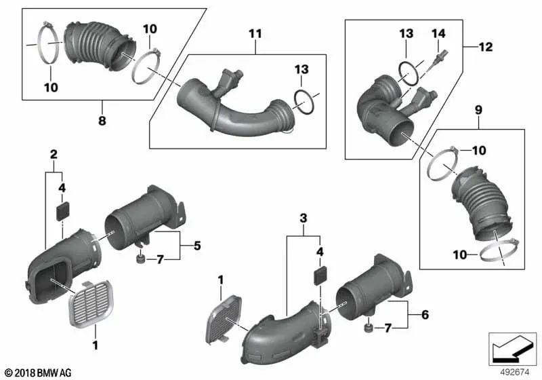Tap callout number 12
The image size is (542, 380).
[x=485, y=47]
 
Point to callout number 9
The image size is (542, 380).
[x=478, y=109]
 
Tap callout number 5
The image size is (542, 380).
[x=197, y=245]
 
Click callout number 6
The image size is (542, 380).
[x=425, y=314]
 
